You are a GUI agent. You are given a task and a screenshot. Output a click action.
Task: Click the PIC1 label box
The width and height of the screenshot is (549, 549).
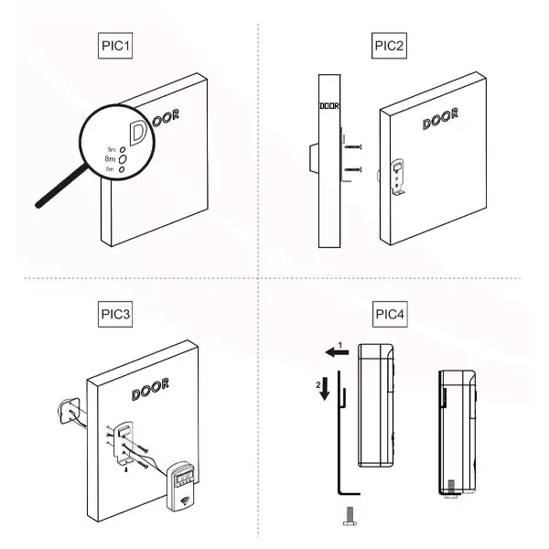(x=116, y=46)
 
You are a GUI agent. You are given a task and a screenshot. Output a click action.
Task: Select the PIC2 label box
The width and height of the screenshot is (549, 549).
(x=389, y=46)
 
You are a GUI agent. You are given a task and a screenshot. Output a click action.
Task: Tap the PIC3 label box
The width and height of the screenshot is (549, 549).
(x=116, y=314)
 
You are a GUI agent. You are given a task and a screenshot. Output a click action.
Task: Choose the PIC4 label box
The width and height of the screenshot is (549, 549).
(x=391, y=314)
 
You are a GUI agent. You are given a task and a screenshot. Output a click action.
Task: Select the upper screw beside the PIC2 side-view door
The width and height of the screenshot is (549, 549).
(x=354, y=146)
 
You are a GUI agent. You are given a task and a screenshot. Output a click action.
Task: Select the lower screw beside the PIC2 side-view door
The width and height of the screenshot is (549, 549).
(x=354, y=170)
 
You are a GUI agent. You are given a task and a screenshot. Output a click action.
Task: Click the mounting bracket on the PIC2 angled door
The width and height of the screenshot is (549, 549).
(x=400, y=177)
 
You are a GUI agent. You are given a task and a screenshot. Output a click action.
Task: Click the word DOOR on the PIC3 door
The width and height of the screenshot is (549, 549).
(x=149, y=392)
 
